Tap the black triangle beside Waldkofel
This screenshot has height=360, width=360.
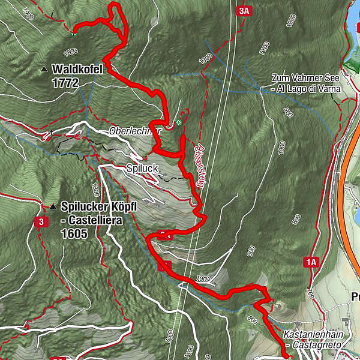pos(43,70)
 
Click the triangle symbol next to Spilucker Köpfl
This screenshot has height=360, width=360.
pos(53,207)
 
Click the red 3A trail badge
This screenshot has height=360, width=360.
pos(243,11)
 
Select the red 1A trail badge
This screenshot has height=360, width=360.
pos(310,262)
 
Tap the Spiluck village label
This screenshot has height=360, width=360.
pos(142,169)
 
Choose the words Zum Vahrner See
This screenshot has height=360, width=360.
pos(305,79)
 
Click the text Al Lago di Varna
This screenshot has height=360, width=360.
pos(308,89)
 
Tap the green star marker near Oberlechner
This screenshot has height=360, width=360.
pos(179,123)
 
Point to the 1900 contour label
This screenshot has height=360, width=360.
pos(26,11)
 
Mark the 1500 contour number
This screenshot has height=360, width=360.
pos(206,57)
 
